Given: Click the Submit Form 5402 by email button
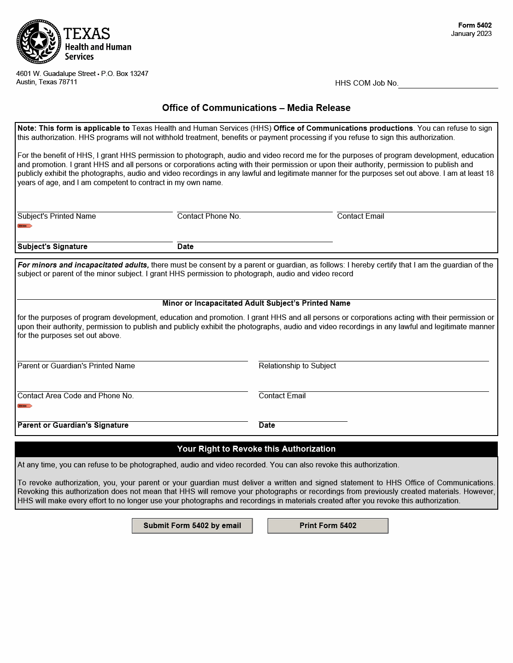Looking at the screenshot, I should [x=192, y=526].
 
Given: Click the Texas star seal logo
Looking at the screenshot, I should [x=39, y=41].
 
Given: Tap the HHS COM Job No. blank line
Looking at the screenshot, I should [x=448, y=83].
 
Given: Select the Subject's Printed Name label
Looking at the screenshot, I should [x=57, y=216].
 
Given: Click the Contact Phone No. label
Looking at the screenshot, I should [x=209, y=216].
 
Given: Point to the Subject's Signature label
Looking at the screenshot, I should [x=53, y=247].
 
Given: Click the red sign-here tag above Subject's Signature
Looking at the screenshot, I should [x=24, y=226].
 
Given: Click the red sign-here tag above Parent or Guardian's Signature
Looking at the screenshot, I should [x=24, y=406].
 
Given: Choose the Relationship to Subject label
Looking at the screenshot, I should [x=297, y=366].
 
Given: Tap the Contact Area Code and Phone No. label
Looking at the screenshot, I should [x=76, y=396].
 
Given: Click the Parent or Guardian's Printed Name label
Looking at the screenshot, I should [x=76, y=366].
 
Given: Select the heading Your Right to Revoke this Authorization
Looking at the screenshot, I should [x=256, y=449].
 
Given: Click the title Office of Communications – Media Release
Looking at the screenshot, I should [x=256, y=108].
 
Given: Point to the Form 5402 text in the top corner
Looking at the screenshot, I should [x=475, y=26].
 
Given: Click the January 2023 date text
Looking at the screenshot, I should [x=471, y=34].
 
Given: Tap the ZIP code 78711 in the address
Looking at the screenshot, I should [x=68, y=82].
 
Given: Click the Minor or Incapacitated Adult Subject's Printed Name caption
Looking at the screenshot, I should [x=256, y=303].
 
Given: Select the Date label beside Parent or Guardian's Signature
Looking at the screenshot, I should [x=267, y=425].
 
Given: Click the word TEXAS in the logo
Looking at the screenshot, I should [x=87, y=34].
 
